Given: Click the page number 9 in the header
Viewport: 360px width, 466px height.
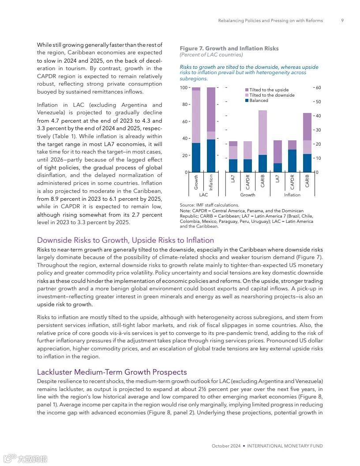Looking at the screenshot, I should click(342, 21).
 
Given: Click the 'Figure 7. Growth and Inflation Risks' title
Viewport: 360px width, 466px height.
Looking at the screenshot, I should click(229, 49).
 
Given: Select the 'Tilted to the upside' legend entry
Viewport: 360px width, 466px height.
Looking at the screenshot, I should click(269, 90).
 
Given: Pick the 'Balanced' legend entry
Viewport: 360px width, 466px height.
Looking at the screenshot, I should click(259, 101).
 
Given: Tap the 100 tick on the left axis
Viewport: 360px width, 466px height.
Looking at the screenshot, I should click(184, 88).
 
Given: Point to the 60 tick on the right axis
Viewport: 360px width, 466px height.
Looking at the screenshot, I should click(318, 88).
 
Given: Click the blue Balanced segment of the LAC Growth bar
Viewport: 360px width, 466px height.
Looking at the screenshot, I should click(196, 158).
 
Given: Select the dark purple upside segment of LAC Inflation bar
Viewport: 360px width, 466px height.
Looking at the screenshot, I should click(211, 109).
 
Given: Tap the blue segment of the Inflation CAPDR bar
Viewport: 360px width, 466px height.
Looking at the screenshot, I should click(292, 161).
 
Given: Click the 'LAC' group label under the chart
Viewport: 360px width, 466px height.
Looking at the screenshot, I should click(203, 195).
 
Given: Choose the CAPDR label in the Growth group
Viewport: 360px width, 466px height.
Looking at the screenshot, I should click(248, 182).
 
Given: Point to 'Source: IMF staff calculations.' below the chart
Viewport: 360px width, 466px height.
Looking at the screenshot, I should click(209, 205).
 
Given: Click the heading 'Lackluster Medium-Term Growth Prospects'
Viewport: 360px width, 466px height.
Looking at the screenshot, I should click(112, 372).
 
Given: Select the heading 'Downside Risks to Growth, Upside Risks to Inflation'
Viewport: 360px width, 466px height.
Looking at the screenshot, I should click(125, 240).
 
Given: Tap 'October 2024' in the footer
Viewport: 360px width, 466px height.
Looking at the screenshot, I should click(226, 446).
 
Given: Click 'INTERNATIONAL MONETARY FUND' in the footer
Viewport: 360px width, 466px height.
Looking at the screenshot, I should click(285, 446).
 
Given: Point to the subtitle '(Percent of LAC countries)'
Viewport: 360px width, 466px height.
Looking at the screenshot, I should click(211, 55).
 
